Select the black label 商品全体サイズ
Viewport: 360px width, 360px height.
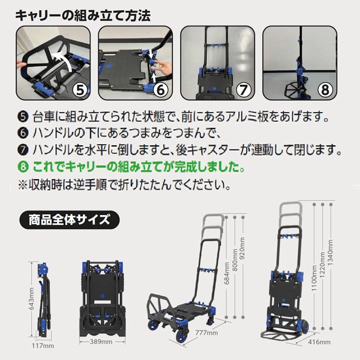[69, 220]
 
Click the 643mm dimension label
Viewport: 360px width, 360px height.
[31, 298]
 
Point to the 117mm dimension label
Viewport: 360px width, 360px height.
[43, 346]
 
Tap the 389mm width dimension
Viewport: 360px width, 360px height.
[101, 342]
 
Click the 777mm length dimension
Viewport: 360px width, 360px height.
[207, 333]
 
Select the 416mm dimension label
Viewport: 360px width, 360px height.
[319, 342]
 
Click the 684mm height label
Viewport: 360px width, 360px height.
[227, 273]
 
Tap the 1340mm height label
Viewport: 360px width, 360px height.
[330, 253]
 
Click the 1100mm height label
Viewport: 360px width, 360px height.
[314, 278]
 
